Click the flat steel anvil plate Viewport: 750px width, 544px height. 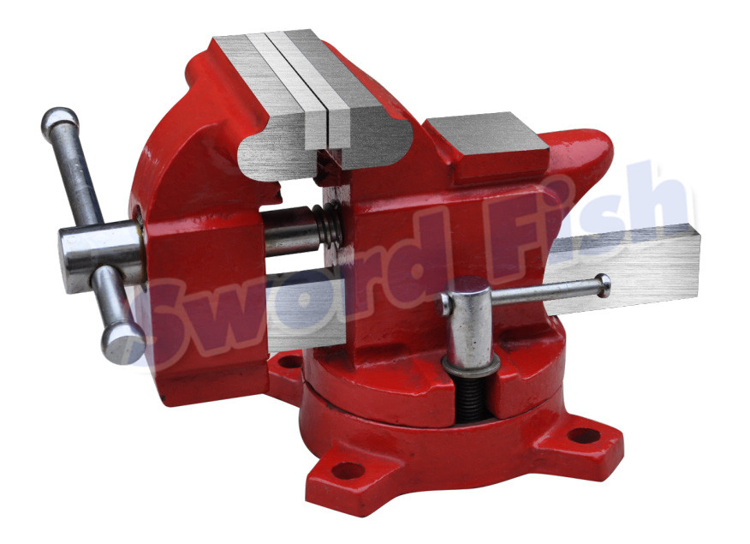click(x=485, y=138)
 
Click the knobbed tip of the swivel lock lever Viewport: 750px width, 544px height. click(x=604, y=284)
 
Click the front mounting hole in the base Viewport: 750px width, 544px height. click(x=348, y=469)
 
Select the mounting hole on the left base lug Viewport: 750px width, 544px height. click(x=290, y=361)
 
